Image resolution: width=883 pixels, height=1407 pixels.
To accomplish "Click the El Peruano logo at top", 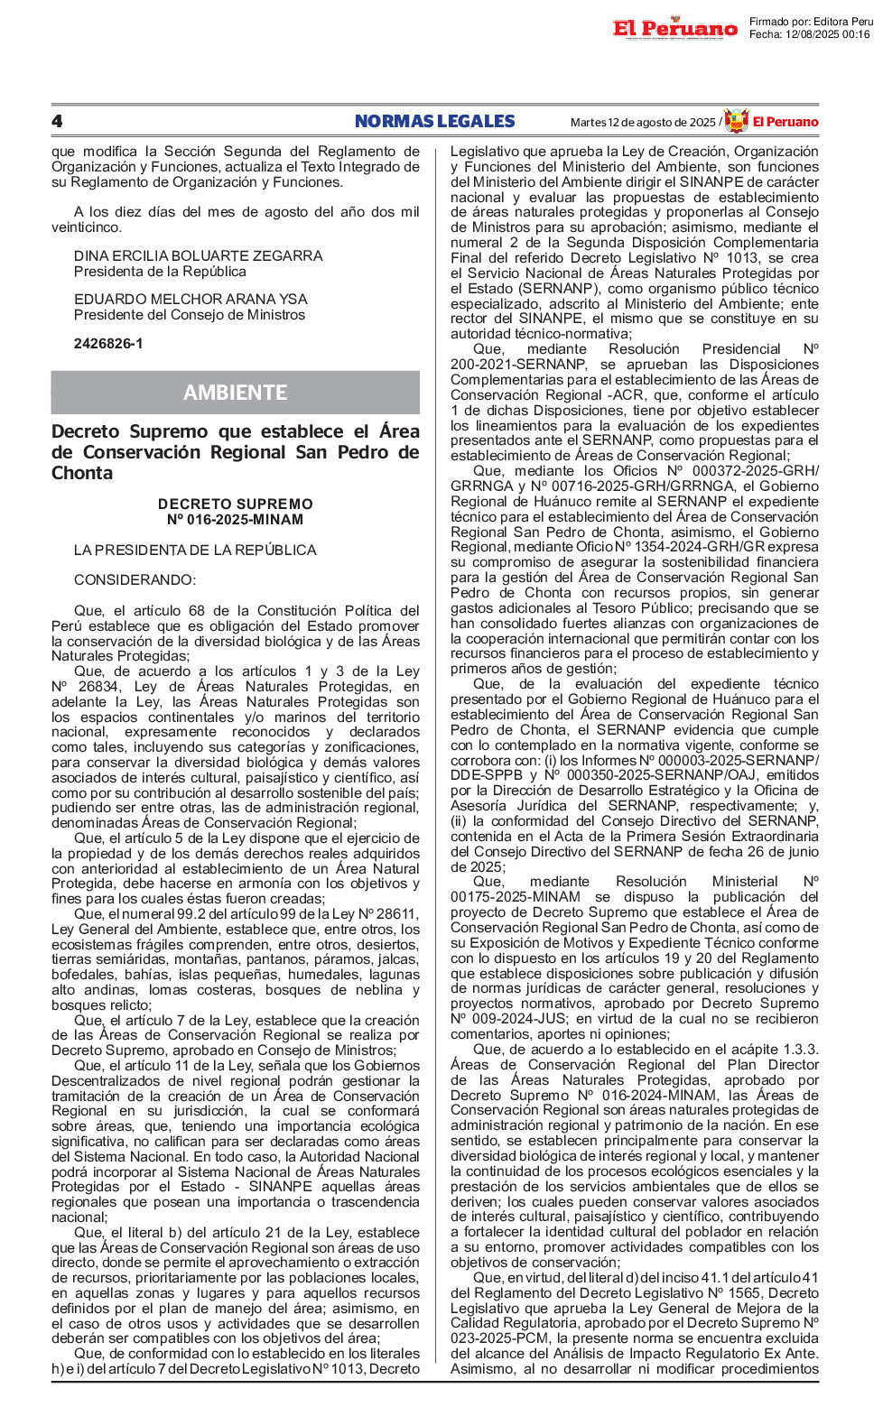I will tap(674, 29).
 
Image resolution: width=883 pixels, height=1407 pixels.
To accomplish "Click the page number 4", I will tap(57, 122).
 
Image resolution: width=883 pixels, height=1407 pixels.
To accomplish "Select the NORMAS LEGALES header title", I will tap(434, 122).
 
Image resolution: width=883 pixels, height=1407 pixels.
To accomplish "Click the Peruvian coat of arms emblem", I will tap(737, 121).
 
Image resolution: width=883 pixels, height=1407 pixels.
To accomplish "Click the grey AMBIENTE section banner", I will tap(235, 393).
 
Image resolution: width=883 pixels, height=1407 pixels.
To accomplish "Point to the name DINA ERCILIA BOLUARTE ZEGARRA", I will tap(198, 256).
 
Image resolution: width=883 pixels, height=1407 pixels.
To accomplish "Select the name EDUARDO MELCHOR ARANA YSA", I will tap(191, 300).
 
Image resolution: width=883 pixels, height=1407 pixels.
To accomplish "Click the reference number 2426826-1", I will tap(108, 344).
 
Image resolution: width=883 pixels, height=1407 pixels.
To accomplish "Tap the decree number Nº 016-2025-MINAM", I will tap(235, 520).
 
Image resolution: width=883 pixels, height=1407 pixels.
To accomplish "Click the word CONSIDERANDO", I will tap(135, 580).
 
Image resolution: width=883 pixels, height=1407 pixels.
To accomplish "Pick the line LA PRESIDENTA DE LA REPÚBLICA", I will tap(195, 551).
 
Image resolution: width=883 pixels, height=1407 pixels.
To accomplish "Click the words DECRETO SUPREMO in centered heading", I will tap(235, 504).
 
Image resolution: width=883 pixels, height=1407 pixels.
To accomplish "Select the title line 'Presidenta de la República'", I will tap(160, 272).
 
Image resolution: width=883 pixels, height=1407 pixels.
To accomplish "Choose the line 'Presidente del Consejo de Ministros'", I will tap(190, 315).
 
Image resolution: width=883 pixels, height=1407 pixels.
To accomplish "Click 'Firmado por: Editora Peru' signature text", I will tap(811, 22).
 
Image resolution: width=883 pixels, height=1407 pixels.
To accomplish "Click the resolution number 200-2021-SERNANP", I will tap(518, 365).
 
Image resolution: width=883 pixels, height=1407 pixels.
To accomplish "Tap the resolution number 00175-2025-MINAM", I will tap(515, 897).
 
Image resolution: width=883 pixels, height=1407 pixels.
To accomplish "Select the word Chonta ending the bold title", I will tap(82, 474).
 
